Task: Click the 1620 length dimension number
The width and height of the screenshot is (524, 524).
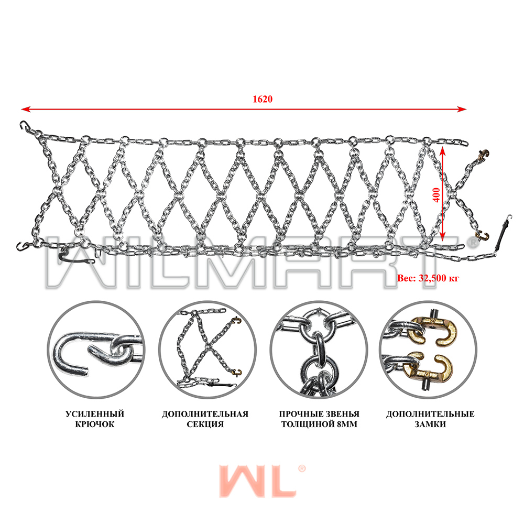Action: point(263,99)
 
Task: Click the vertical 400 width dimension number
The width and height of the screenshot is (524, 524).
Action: point(436,195)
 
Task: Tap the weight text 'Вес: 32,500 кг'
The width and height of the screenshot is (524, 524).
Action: point(428,278)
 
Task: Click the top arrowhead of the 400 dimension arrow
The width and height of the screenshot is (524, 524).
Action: point(442,151)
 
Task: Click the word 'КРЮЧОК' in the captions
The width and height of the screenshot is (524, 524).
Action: point(94,424)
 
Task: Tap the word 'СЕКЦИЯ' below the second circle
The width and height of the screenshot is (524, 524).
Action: point(205,424)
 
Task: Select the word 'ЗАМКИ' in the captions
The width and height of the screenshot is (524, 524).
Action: point(430,424)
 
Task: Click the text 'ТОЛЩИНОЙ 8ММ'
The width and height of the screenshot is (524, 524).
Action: point(319,424)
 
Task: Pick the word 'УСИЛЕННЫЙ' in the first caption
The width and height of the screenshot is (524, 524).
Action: point(94,414)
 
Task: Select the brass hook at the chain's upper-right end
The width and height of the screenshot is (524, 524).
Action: point(483,155)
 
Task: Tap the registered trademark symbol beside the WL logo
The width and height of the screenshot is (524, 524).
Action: point(301,468)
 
